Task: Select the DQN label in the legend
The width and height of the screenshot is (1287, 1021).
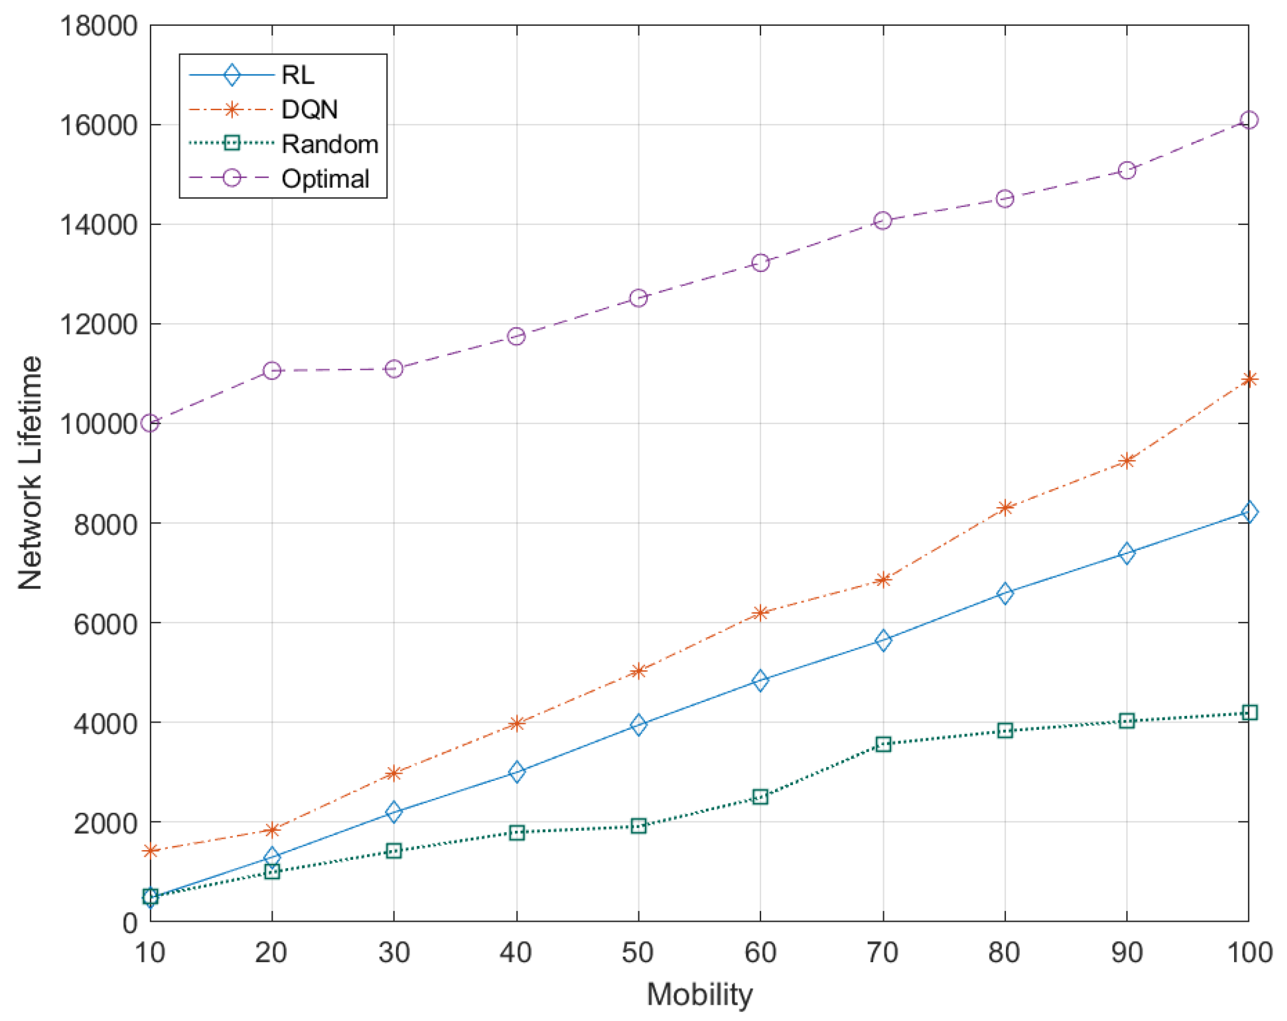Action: (309, 110)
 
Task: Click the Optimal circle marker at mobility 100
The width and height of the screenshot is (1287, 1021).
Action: (1248, 120)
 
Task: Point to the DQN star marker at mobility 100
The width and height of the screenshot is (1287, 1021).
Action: (1248, 379)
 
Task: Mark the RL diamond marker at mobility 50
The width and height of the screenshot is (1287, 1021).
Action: (638, 724)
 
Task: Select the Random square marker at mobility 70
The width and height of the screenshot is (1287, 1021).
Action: (883, 744)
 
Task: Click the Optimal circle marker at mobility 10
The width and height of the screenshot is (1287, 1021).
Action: (150, 423)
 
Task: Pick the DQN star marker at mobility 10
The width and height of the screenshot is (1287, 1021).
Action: (150, 851)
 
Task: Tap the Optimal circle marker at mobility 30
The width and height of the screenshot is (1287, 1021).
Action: (394, 369)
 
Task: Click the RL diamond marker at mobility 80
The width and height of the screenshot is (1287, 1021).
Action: (1004, 594)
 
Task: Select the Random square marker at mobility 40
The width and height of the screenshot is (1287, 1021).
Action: (516, 833)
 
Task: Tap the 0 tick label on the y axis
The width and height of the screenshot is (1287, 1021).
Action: (130, 923)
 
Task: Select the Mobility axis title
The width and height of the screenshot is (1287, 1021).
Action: (699, 994)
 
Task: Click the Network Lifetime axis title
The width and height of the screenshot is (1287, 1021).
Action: (30, 473)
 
